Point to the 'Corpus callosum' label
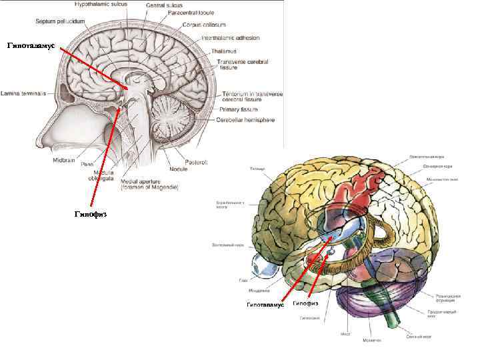point(206,25)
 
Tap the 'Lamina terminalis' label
point(23,94)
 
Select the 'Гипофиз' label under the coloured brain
point(305,303)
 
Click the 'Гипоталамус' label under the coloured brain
point(265,305)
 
